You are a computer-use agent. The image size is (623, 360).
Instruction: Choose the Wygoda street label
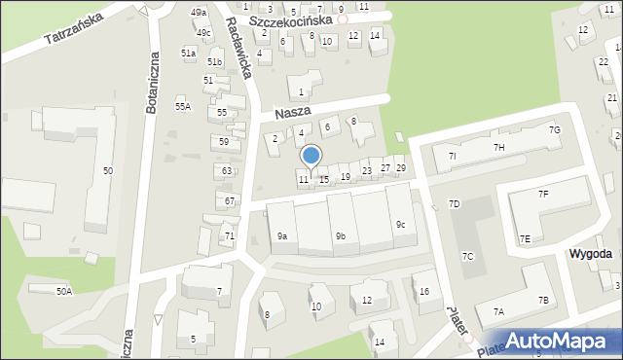coord(590,253)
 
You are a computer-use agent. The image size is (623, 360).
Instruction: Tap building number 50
coord(107,171)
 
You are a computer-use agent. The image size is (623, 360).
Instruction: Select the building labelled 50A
coord(64,291)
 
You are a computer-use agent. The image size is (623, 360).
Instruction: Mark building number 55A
coord(182,106)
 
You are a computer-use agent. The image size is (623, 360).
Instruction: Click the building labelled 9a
coord(281,236)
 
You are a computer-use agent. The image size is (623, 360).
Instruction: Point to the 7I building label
coord(452,156)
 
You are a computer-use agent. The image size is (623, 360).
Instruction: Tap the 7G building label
coord(554,129)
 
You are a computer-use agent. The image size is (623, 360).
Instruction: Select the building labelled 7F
coord(544,195)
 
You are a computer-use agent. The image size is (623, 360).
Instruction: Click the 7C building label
coord(467,257)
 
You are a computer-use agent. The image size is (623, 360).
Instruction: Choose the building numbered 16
coord(423,291)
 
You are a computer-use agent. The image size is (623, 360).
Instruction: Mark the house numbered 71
coord(229,236)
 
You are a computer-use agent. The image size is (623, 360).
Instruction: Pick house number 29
coord(400,168)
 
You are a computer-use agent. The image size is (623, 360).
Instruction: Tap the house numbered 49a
coord(199,13)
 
